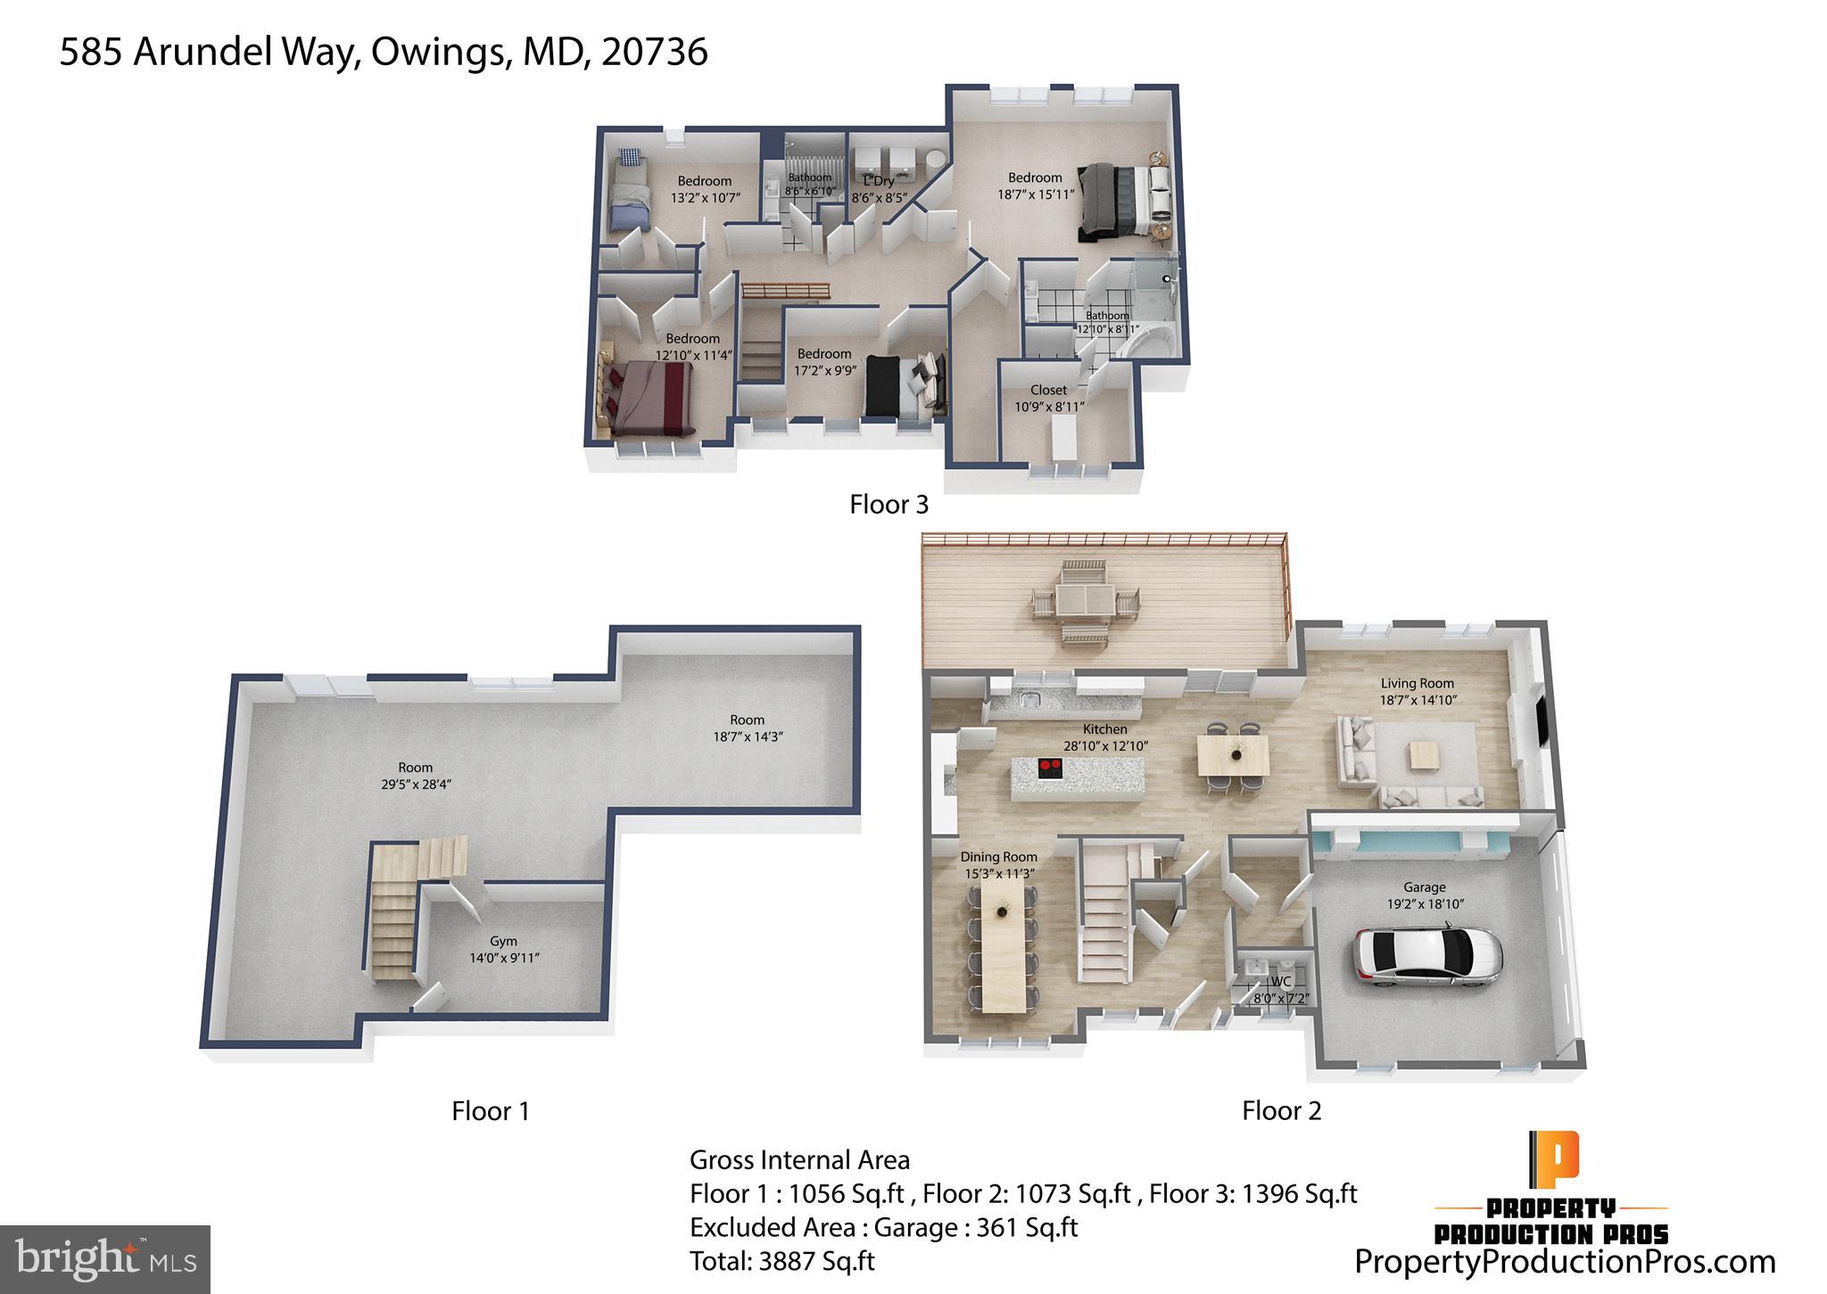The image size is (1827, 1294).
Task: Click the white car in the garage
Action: click(x=1427, y=957)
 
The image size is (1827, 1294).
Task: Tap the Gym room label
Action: click(x=504, y=941)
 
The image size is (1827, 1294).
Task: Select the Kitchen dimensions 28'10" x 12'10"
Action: click(x=1105, y=746)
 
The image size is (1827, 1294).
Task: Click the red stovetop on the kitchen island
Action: click(x=1050, y=766)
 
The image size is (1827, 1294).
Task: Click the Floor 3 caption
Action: click(x=889, y=505)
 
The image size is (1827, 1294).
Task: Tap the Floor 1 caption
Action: click(x=491, y=1111)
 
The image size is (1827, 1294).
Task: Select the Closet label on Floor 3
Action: click(x=1048, y=390)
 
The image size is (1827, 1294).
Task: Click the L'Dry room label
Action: click(x=879, y=181)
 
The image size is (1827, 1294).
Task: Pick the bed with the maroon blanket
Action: click(x=649, y=395)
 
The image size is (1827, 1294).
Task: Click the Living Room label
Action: click(x=1417, y=683)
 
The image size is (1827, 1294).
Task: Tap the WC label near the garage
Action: click(x=1280, y=982)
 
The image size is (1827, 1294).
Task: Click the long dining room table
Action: click(x=1004, y=952)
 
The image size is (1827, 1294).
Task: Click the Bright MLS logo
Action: click(x=105, y=1259)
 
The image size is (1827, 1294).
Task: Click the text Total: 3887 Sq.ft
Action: click(x=781, y=1261)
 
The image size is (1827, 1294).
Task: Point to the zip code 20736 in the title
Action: click(x=655, y=52)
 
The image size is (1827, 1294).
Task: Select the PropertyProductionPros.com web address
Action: click(x=1565, y=1262)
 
